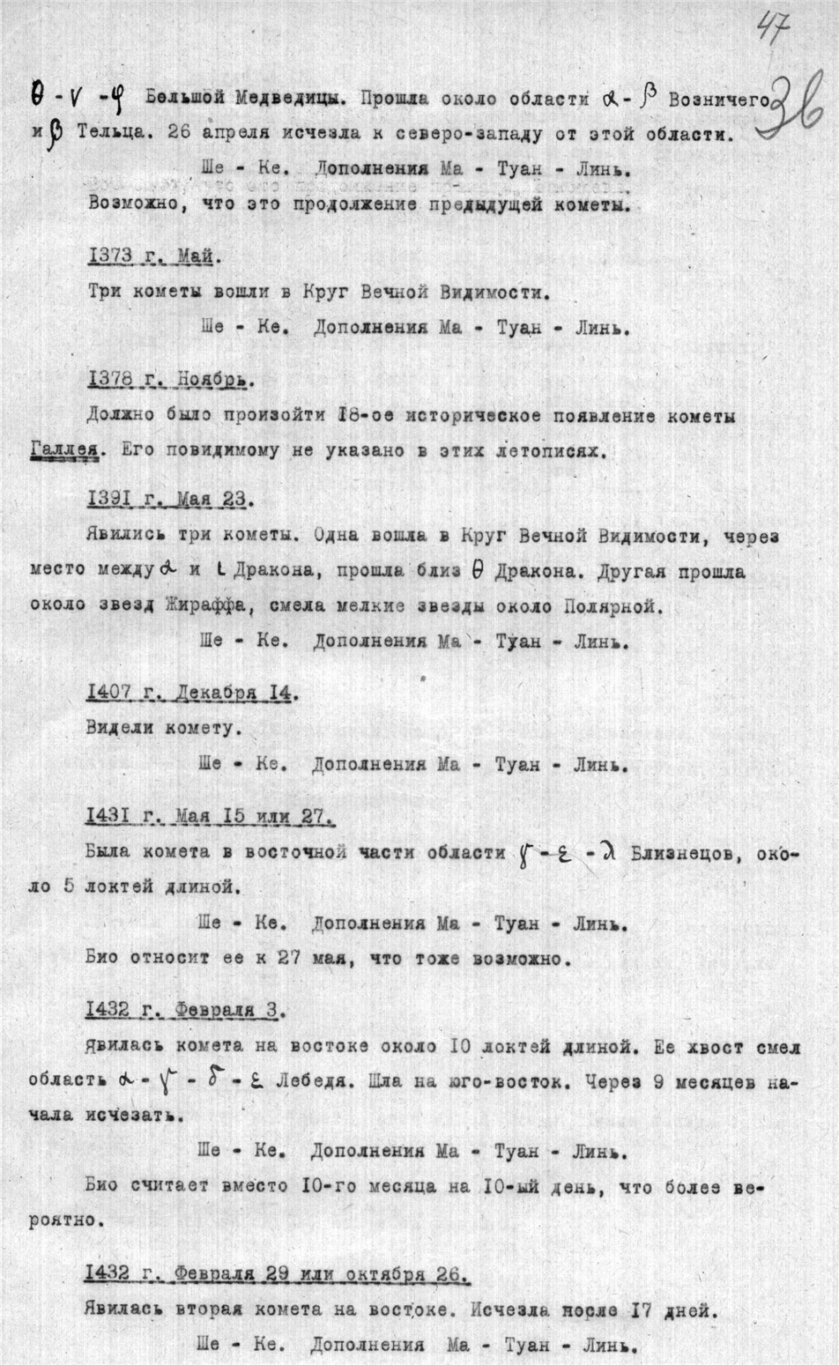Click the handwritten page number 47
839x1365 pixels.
(x=772, y=33)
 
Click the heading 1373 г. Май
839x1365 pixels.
(x=154, y=256)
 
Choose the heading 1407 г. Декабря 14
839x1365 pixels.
(x=193, y=692)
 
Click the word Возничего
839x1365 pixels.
(x=718, y=100)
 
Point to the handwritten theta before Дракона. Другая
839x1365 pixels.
(x=477, y=570)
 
